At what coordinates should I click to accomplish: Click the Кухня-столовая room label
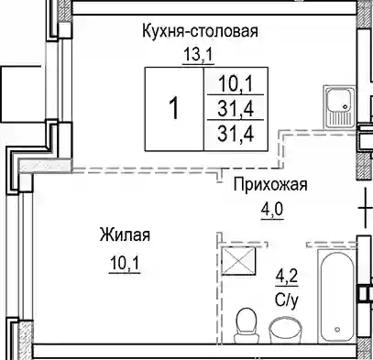(x=200, y=31)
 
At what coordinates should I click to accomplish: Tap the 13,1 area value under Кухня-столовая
(x=198, y=55)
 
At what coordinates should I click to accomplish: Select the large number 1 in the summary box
(x=174, y=109)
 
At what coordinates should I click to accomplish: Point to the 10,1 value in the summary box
(x=236, y=84)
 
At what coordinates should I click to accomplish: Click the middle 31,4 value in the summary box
(x=236, y=109)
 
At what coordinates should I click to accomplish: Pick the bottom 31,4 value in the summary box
(x=236, y=134)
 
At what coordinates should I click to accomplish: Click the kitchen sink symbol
(x=339, y=106)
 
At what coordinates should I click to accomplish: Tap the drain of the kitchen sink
(x=346, y=107)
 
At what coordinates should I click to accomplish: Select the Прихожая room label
(x=270, y=185)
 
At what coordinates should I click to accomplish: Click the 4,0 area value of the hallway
(x=272, y=210)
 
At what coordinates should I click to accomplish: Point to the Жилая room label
(x=125, y=235)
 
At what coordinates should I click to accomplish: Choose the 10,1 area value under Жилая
(x=125, y=263)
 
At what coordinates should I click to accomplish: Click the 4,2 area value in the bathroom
(x=287, y=278)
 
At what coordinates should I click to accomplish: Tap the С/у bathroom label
(x=286, y=300)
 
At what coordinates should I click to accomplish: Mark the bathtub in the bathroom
(x=337, y=296)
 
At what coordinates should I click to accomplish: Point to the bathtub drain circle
(x=337, y=330)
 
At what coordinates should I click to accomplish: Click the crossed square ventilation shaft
(x=238, y=261)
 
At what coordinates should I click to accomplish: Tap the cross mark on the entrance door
(x=366, y=208)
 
